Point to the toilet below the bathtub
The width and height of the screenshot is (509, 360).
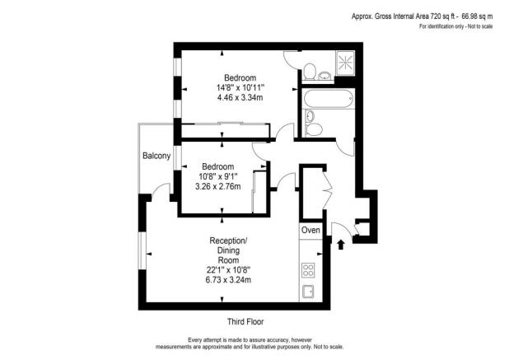[314, 128]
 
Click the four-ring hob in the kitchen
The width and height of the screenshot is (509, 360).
[310, 269]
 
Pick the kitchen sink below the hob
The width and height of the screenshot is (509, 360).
[310, 292]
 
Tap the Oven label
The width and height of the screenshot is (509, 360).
[310, 230]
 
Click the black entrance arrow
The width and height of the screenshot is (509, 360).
[342, 243]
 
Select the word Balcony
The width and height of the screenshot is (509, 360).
[156, 157]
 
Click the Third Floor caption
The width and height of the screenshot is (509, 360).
[245, 321]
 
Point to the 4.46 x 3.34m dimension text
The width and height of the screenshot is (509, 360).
[240, 98]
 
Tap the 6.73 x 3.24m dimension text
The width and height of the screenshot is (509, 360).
[228, 280]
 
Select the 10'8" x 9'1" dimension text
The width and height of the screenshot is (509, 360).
[217, 175]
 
